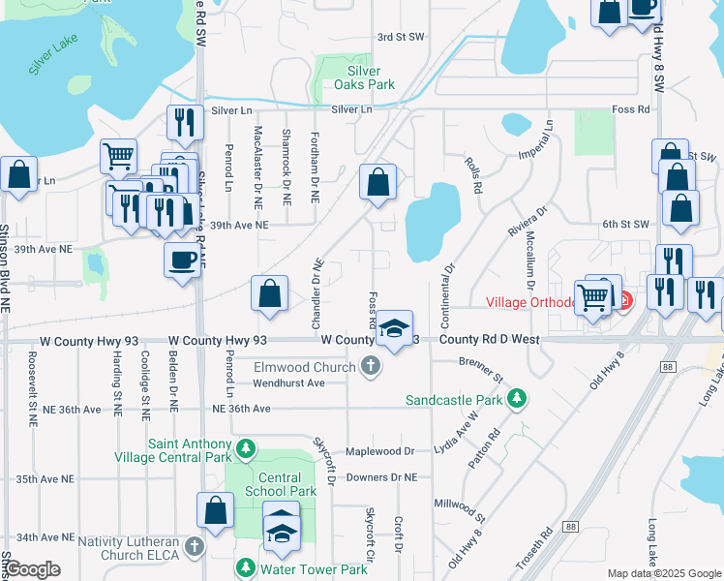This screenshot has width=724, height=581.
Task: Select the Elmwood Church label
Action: [305, 367]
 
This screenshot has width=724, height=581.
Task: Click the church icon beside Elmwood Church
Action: [369, 366]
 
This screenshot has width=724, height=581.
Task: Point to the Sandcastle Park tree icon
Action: [518, 398]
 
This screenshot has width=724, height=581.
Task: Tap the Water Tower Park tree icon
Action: [248, 568]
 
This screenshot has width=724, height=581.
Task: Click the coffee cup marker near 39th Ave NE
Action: [181, 260]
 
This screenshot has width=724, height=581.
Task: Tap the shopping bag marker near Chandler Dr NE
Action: [270, 294]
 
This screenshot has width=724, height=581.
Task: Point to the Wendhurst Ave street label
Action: [288, 382]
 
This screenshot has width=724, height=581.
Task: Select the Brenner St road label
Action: [482, 368]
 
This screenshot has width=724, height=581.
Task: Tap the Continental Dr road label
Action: [449, 280]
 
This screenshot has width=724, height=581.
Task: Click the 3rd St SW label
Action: [401, 37]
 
